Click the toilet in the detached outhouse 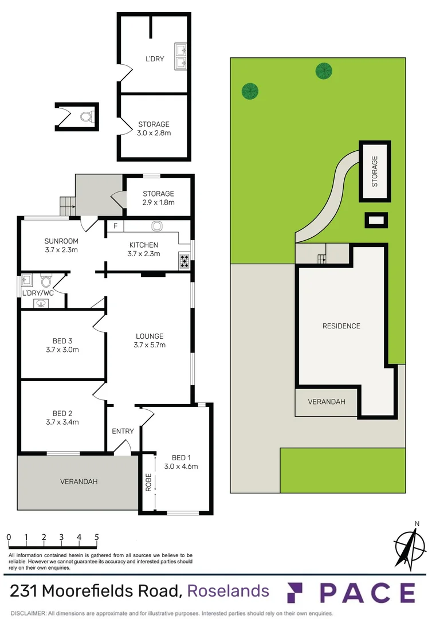point(86,117)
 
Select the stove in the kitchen point(184,261)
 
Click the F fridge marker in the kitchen point(115,226)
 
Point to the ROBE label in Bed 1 point(148,482)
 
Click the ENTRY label point(123,432)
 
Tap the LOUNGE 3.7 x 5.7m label point(149,340)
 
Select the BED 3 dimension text point(62,350)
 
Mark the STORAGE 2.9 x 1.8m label point(158,198)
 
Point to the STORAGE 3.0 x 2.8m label point(154,128)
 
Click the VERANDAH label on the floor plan point(78,482)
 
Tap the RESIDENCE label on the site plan point(341,326)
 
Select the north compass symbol point(410,544)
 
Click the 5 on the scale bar point(97,538)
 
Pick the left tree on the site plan point(250,91)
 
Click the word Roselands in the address point(228,591)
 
